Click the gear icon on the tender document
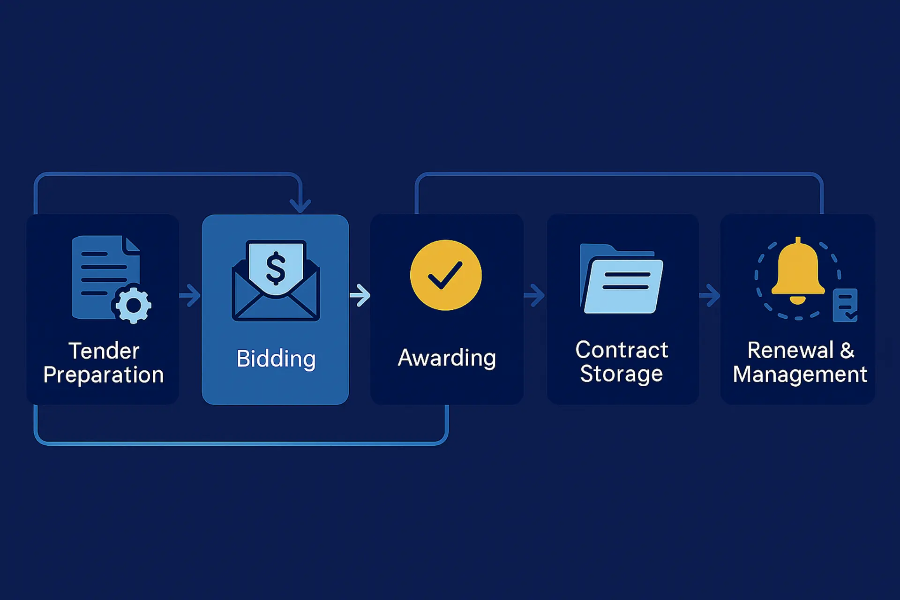coord(133,305)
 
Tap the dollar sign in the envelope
coord(276,268)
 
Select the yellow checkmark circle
coord(445,275)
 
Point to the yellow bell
coord(798,272)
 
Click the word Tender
coord(104,351)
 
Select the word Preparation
coord(104,375)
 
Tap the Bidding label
coord(276,359)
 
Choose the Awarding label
coord(447,358)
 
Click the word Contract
coord(622,350)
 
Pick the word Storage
coord(622,374)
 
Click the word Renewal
coord(790,351)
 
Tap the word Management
coord(800,375)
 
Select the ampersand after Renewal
coord(847,351)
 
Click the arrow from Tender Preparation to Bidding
coord(190,295)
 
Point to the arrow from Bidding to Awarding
coord(360,295)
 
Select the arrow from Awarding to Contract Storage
coord(535,295)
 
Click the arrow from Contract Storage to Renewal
coord(710,295)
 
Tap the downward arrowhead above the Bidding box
coord(300,205)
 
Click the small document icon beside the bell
coord(845,305)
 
